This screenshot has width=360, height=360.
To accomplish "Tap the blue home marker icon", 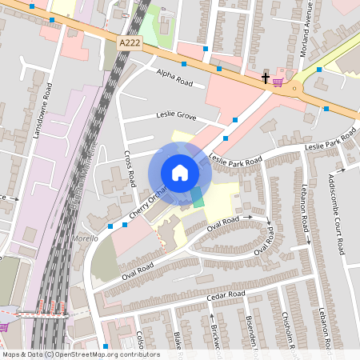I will (180, 172).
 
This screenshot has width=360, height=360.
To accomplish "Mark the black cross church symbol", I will (266, 78).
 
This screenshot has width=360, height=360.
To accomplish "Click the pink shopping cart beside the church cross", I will (278, 81).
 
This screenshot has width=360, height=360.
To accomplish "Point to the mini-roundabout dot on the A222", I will (294, 86).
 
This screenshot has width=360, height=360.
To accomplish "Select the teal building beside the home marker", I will (197, 198).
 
